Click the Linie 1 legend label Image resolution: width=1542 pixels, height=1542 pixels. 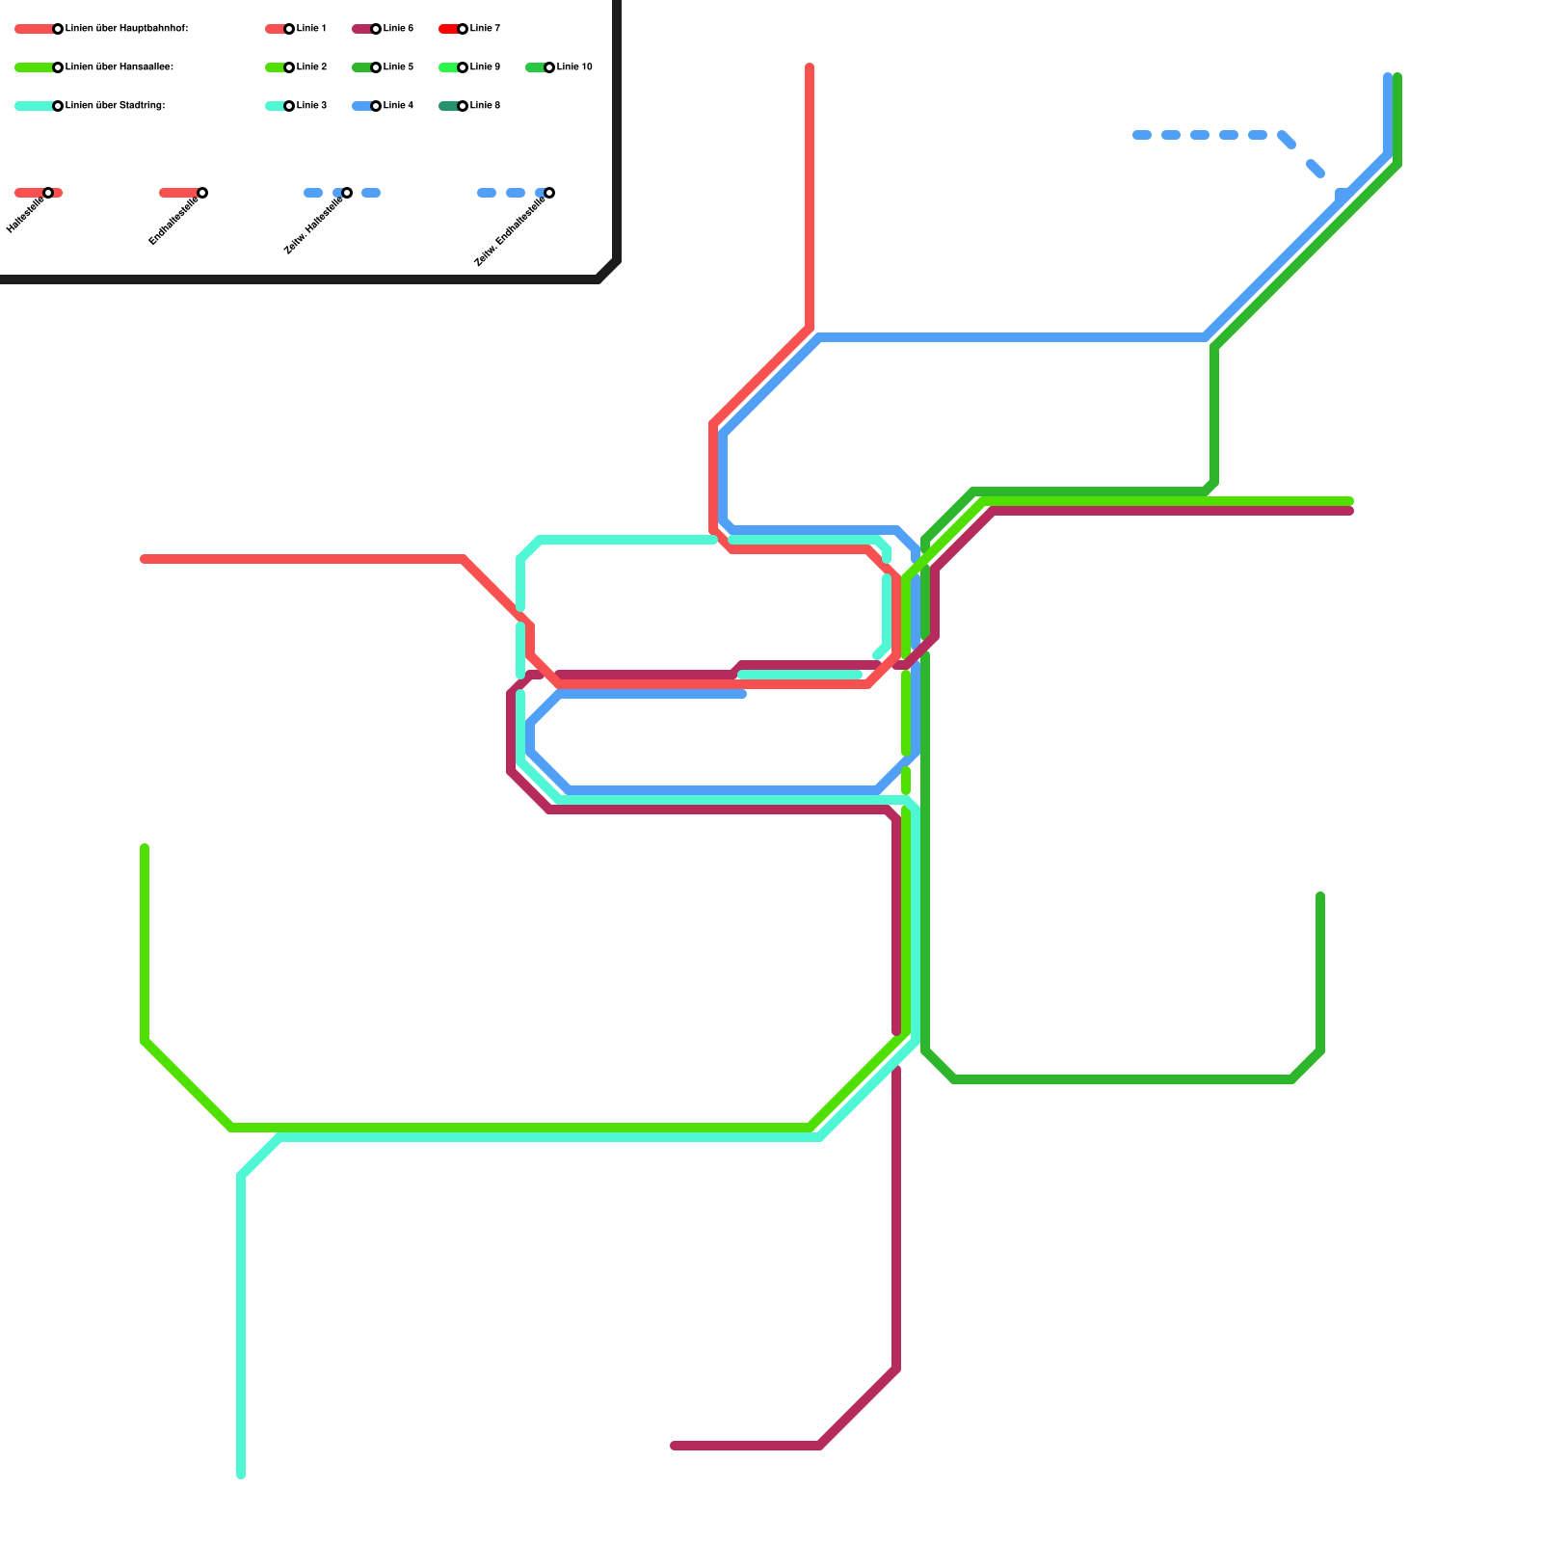pos(311,29)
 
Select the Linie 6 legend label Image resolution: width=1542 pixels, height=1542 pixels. pos(398,29)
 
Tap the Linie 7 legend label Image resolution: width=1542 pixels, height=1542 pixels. pos(485,29)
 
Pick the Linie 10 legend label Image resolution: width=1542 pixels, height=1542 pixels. pos(574,67)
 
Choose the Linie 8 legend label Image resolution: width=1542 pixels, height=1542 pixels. pos(485,106)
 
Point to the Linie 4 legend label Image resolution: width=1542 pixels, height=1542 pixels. pos(398,106)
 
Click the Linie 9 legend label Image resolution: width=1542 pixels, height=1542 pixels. pos(485,67)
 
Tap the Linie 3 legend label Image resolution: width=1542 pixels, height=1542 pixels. pos(311,106)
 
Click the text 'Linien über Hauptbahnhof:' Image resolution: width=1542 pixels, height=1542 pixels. pos(126,29)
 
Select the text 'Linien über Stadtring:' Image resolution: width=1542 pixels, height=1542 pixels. pos(115,106)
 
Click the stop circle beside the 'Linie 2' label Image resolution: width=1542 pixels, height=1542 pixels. pos(289,67)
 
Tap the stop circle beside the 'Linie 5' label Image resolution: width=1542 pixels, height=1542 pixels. pos(376,67)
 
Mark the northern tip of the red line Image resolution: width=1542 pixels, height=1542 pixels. pos(810,67)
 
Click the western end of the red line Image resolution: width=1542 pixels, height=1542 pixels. pos(145,559)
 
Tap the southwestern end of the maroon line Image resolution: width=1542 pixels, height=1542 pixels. pos(675,1446)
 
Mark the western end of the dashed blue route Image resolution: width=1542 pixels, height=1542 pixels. pos(1137,135)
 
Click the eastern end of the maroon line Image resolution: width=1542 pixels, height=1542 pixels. pos(1349,511)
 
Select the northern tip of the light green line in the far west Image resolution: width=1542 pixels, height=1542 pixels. pos(145,848)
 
